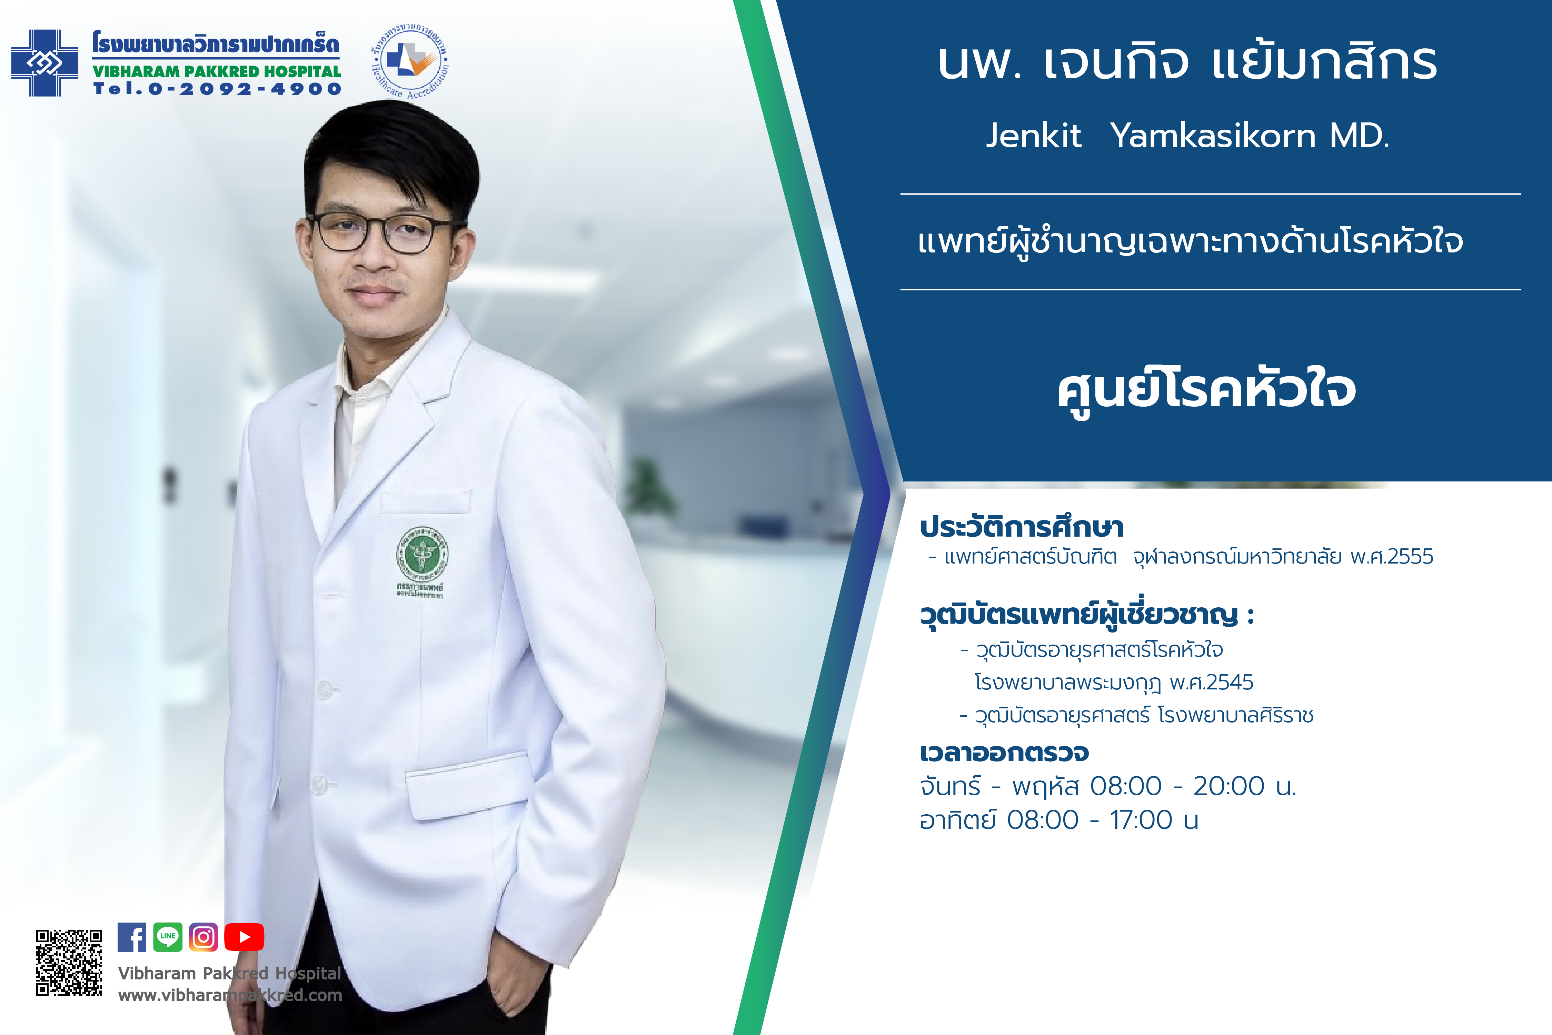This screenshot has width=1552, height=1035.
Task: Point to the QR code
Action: pyautogui.click(x=69, y=962)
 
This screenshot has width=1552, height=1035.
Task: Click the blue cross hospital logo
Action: pyautogui.click(x=45, y=63)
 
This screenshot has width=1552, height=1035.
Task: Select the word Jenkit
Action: pyautogui.click(x=1033, y=135)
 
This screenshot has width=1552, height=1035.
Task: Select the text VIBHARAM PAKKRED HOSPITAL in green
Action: pyautogui.click(x=217, y=71)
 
